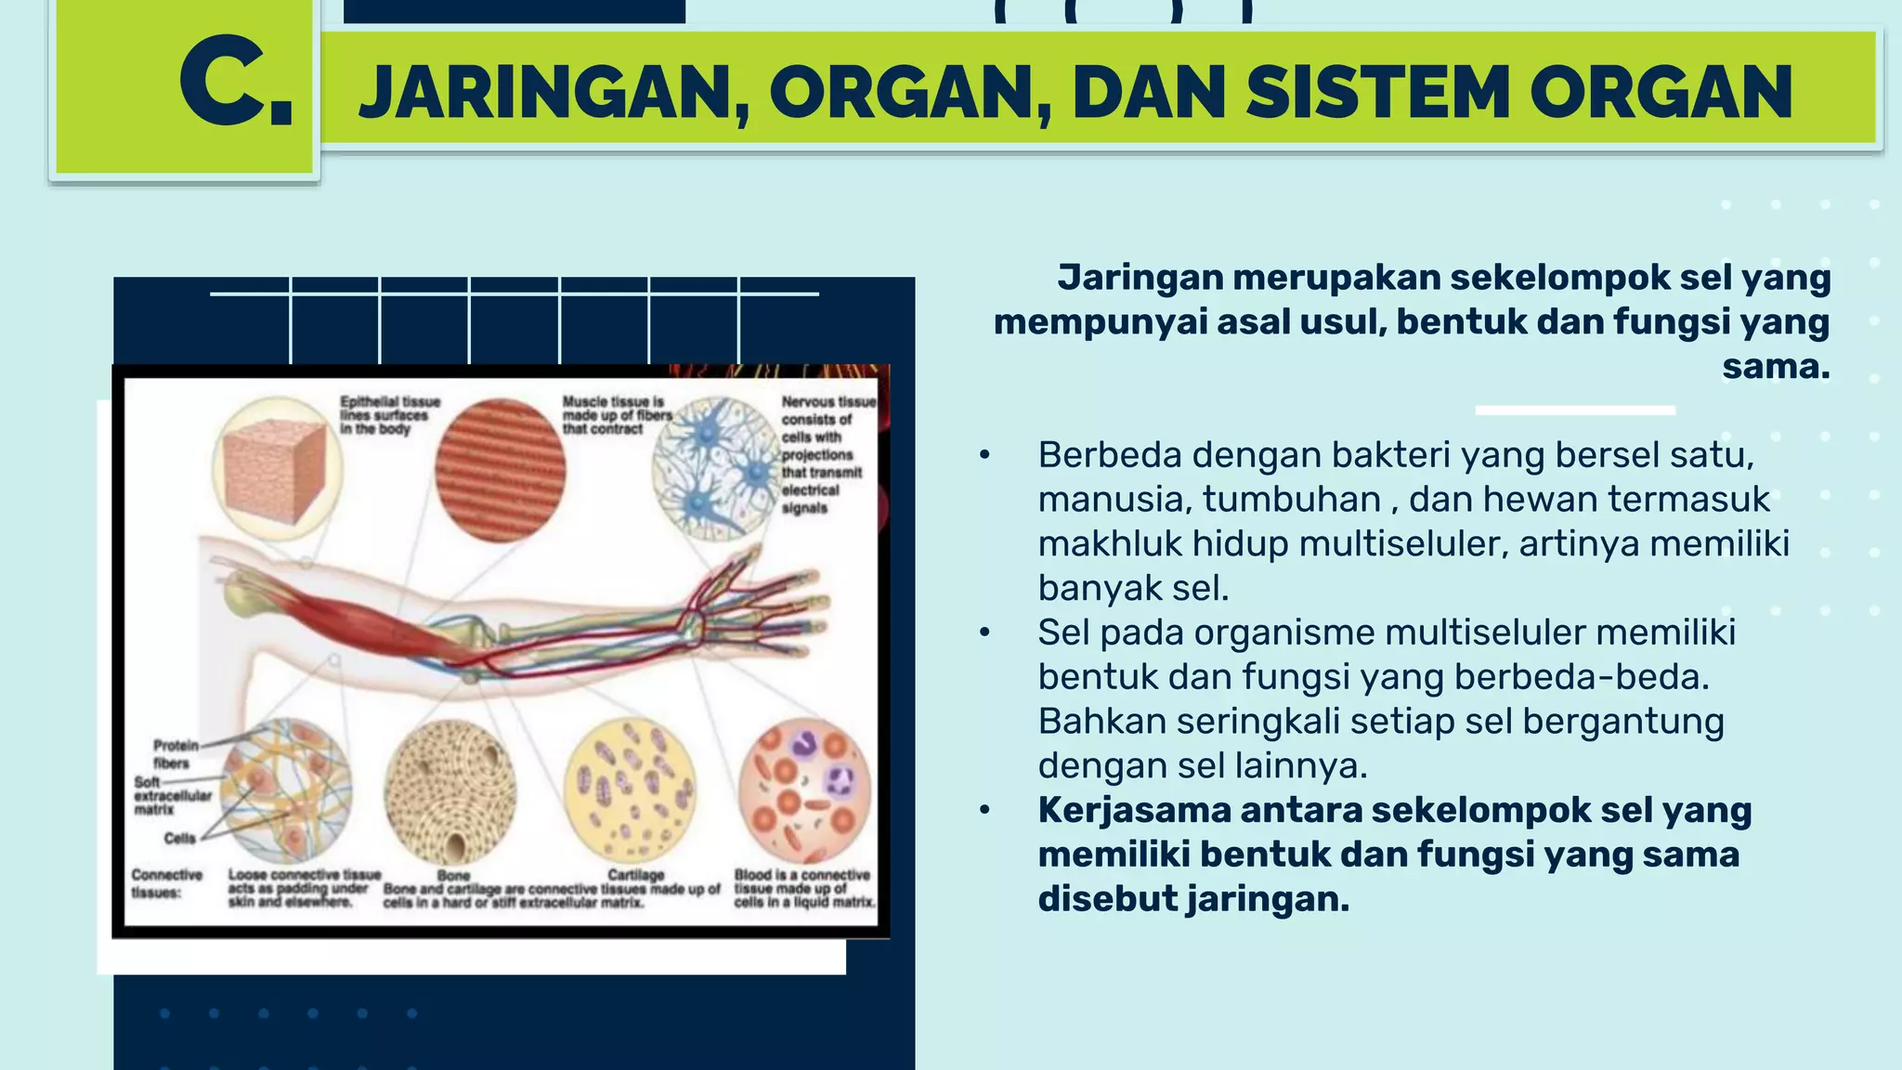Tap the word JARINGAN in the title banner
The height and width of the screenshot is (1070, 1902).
(554, 93)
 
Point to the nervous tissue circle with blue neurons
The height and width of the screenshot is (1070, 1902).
(716, 469)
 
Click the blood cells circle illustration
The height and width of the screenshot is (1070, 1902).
(804, 790)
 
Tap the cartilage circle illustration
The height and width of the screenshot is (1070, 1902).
(630, 790)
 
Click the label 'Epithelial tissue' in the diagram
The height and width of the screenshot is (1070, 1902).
(390, 402)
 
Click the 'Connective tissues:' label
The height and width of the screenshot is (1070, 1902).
(167, 883)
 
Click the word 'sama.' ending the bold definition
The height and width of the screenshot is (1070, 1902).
(1776, 366)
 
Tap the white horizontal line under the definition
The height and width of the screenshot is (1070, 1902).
(1575, 410)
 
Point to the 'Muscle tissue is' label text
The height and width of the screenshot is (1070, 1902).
(613, 402)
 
